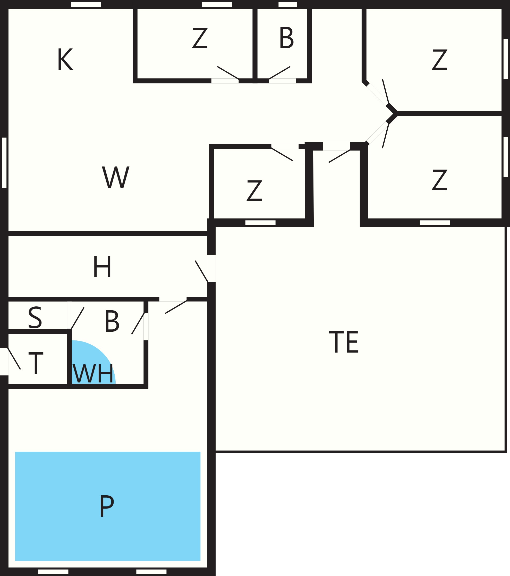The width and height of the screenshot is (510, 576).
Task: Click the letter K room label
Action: tap(65, 59)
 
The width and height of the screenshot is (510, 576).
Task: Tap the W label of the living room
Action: tap(115, 177)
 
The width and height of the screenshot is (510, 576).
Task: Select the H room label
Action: tap(102, 266)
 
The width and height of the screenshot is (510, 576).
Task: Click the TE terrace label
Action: tap(344, 342)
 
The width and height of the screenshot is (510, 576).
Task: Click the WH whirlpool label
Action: tap(93, 373)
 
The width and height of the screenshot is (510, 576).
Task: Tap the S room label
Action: tap(35, 317)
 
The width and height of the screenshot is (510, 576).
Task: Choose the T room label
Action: tap(36, 363)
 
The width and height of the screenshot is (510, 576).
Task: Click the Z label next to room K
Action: tap(200, 38)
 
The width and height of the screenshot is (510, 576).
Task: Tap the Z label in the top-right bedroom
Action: tap(440, 60)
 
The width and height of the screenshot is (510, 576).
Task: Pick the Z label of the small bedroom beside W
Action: tap(254, 190)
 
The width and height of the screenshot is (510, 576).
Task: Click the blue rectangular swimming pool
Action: tap(108, 506)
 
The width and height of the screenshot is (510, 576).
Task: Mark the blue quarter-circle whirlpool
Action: tap(87, 366)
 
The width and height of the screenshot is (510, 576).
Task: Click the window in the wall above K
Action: tap(86, 4)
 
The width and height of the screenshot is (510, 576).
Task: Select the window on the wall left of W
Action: tap(4, 163)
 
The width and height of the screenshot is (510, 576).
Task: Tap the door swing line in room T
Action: tap(14, 358)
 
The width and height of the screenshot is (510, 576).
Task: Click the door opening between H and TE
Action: tap(211, 268)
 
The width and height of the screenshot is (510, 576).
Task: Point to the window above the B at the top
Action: tap(287, 4)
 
